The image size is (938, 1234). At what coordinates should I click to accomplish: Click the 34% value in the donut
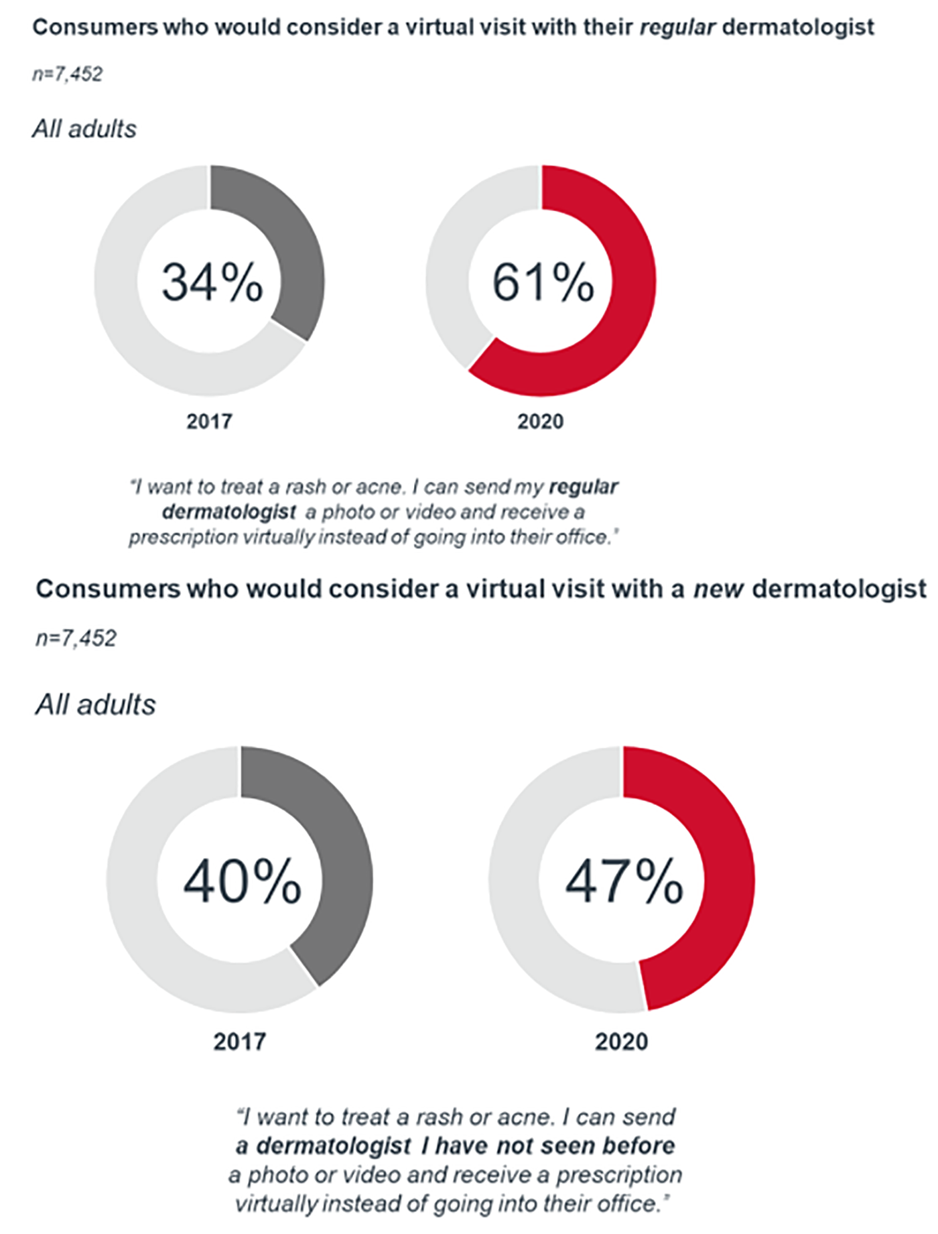212,282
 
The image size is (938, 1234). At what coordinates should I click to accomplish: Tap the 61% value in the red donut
543,282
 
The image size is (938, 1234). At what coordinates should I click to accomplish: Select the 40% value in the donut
242,881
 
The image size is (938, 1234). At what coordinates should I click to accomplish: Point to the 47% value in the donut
624,881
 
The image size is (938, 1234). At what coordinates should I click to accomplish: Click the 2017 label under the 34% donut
209,422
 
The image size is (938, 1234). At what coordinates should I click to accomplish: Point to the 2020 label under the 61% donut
540,422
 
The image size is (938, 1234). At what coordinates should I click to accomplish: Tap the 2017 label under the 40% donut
239,1042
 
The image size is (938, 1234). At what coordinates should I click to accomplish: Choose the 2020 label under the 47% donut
621,1042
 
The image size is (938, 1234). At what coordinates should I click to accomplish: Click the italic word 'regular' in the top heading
677,27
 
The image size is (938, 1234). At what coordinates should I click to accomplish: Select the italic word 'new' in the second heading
718,589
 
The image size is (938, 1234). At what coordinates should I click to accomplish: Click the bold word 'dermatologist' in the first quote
228,512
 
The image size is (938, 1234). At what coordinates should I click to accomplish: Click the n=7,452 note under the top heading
68,74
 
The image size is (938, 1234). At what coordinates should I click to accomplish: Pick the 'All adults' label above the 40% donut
95,705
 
